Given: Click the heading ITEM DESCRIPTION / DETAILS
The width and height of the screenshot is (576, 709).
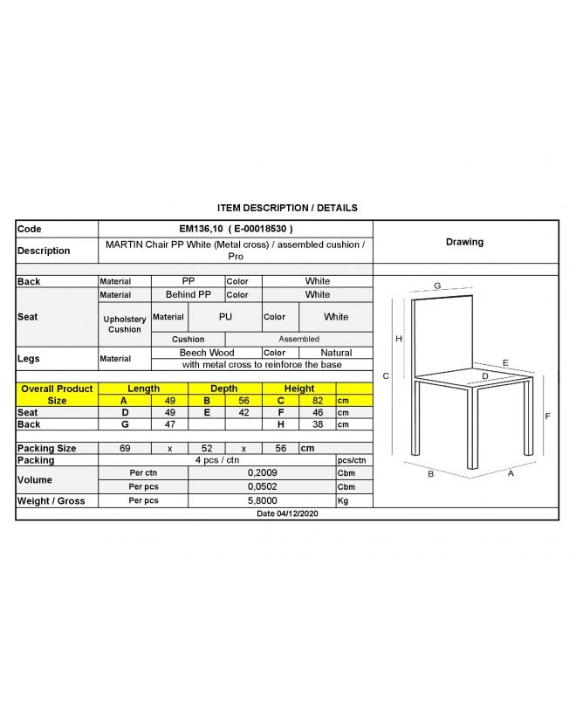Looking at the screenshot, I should click(x=287, y=208).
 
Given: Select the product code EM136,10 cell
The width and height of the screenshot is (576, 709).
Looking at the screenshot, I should click(x=236, y=229).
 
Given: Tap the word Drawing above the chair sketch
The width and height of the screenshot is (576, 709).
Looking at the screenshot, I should click(x=464, y=242).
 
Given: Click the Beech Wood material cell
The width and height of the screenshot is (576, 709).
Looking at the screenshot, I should click(x=206, y=353).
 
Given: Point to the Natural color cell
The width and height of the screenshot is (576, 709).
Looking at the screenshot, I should click(x=336, y=353).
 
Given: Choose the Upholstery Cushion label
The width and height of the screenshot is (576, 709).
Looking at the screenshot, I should click(x=124, y=324).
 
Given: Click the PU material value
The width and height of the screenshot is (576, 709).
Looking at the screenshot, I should click(x=225, y=317).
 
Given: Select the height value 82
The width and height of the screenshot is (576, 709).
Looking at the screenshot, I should click(x=318, y=401).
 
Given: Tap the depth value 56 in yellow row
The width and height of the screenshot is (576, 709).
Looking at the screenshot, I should click(x=243, y=401).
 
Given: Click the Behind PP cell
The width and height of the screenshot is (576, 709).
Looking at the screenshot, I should click(x=188, y=295).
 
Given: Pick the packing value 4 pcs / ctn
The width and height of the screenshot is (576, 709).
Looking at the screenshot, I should click(x=217, y=460).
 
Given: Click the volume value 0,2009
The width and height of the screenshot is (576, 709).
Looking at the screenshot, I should click(x=261, y=472).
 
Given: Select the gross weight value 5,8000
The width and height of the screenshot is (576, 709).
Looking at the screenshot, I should click(x=261, y=501).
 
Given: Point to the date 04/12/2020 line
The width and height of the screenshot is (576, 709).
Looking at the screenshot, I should click(x=287, y=514).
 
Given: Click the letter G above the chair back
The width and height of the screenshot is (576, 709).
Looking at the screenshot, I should click(x=437, y=286).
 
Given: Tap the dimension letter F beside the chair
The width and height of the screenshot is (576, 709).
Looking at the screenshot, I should click(x=547, y=416).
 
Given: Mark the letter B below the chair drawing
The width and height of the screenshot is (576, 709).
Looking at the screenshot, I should click(x=430, y=475).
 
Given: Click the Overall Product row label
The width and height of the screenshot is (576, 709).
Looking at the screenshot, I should click(x=57, y=389).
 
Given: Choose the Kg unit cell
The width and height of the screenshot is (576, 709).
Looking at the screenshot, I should click(x=343, y=501).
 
